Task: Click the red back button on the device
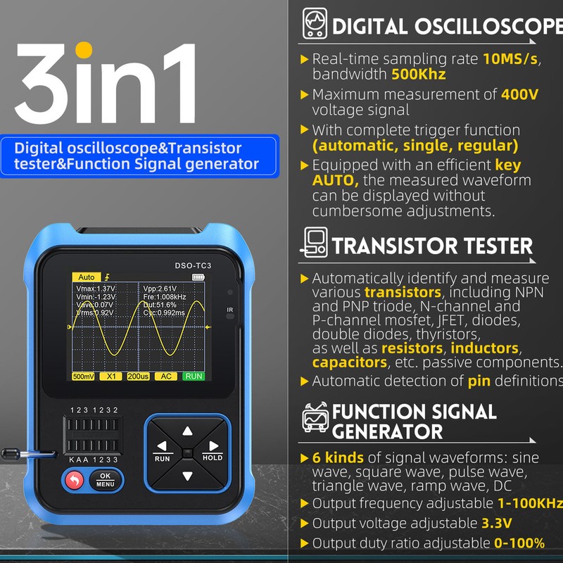[x=73, y=481]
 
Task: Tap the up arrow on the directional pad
[x=187, y=431]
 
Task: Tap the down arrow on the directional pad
[x=187, y=476]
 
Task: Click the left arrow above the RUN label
[x=163, y=446]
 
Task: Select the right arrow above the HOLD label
[x=211, y=446]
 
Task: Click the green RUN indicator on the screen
[x=194, y=377]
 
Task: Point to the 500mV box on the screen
[x=83, y=377]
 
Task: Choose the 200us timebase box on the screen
[x=138, y=377]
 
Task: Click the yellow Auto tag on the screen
[x=86, y=277]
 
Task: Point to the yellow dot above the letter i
[x=84, y=51]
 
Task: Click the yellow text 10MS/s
[x=510, y=59]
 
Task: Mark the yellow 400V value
[x=519, y=94]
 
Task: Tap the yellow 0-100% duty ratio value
[x=519, y=543]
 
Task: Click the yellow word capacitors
[x=350, y=362]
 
